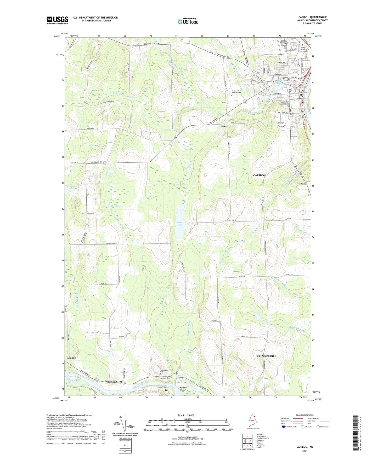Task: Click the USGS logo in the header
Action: [x=58, y=20]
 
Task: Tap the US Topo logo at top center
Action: [x=188, y=21]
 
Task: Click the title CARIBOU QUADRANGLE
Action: [x=312, y=17]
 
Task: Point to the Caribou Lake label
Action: [x=179, y=224]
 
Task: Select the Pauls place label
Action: [x=224, y=126]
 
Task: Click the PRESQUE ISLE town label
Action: [x=266, y=356]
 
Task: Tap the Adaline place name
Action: [x=71, y=358]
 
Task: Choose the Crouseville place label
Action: [x=111, y=381]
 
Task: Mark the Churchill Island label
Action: [x=183, y=389]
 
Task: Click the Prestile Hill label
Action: [x=302, y=183]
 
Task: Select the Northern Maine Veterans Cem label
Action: [x=237, y=92]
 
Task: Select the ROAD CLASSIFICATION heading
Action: [x=304, y=415]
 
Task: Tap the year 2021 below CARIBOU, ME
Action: [x=304, y=451]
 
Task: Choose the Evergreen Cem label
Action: [x=284, y=101]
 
